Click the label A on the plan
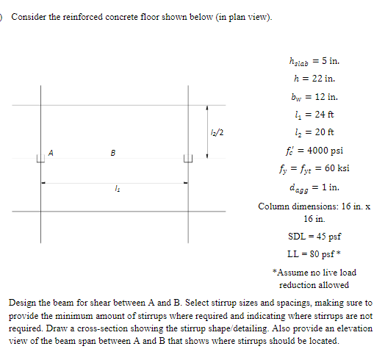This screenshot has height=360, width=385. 51,152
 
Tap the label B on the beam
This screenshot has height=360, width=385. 112,153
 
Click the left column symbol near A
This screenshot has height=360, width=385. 41,159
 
